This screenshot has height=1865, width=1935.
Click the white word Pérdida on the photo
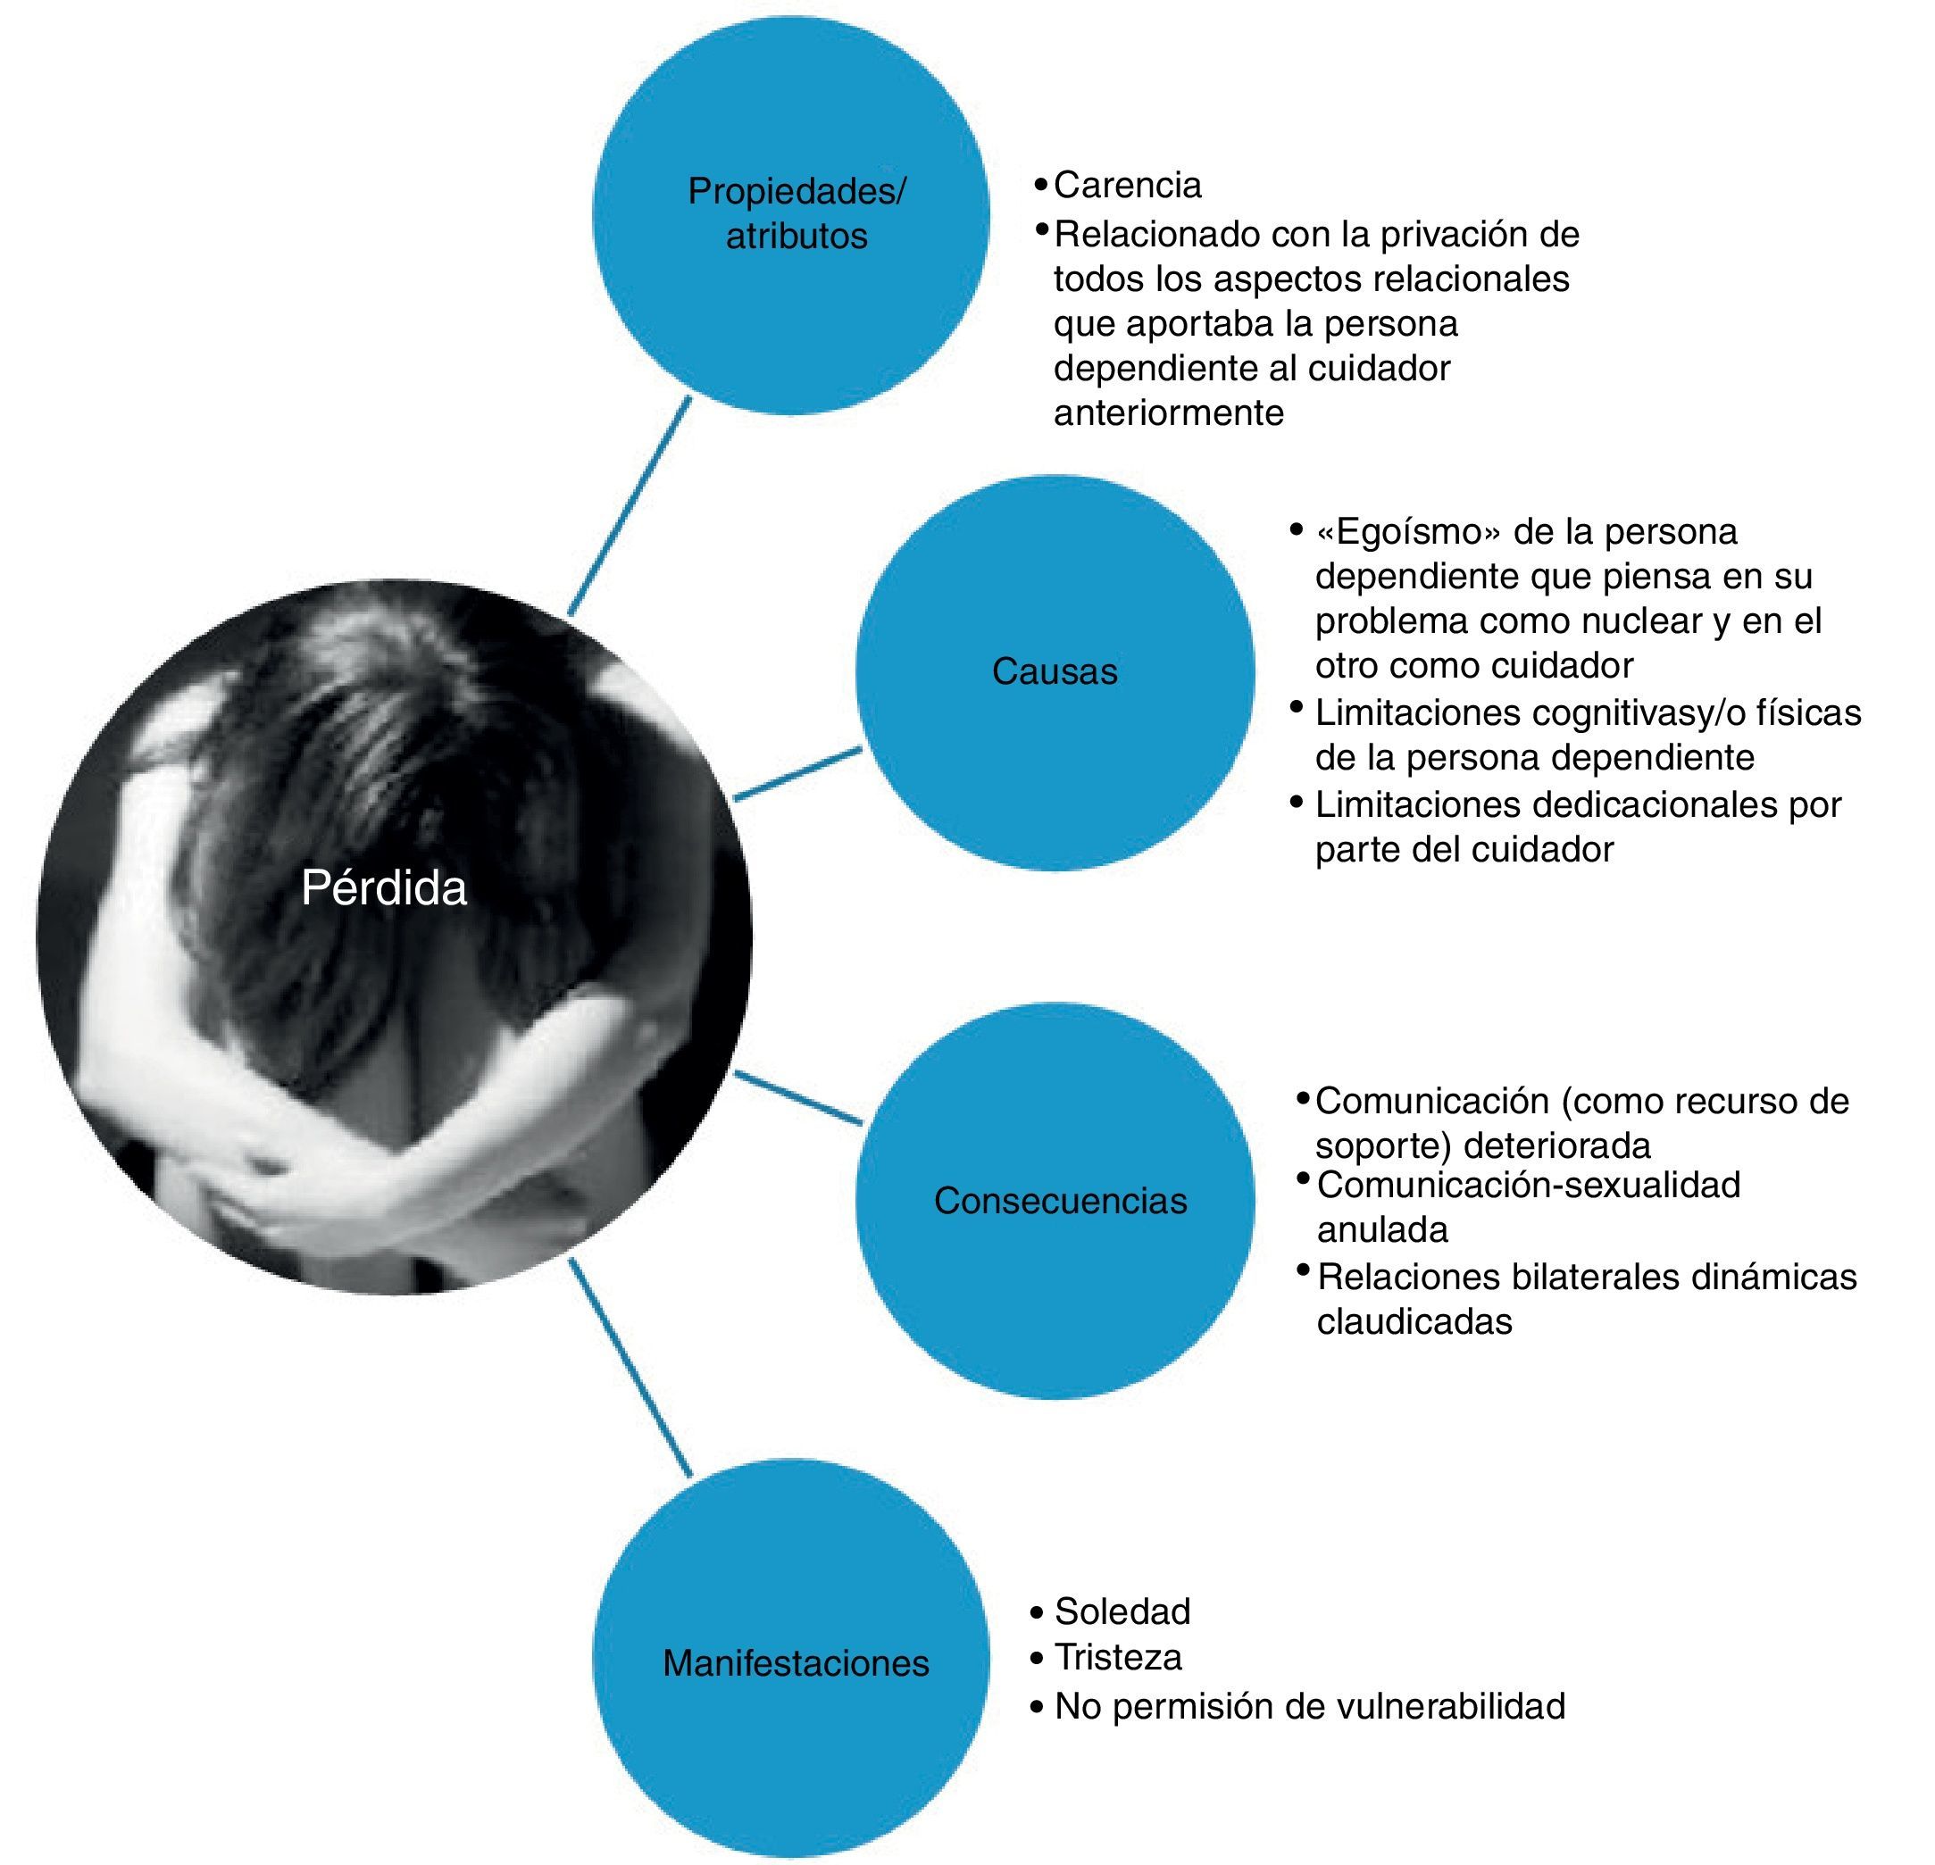point(383,888)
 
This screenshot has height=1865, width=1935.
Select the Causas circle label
point(1055,671)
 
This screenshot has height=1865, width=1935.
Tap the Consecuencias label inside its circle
point(1060,1201)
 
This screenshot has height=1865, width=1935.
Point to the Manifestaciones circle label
point(796,1663)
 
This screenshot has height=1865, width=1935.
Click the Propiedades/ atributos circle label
point(796,213)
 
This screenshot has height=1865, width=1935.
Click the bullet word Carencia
point(1128,185)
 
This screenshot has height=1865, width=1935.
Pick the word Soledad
point(1122,1611)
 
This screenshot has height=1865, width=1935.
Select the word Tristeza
point(1118,1657)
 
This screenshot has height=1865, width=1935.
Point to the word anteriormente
point(1169,412)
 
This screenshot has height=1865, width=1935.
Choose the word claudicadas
point(1414,1322)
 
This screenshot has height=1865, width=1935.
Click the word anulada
point(1382,1230)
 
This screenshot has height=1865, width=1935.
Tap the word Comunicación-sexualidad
point(1528,1185)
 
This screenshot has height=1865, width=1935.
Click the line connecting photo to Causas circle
point(797,774)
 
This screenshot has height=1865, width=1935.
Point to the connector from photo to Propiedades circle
point(628,505)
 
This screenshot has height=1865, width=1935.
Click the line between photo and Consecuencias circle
point(797,1098)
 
